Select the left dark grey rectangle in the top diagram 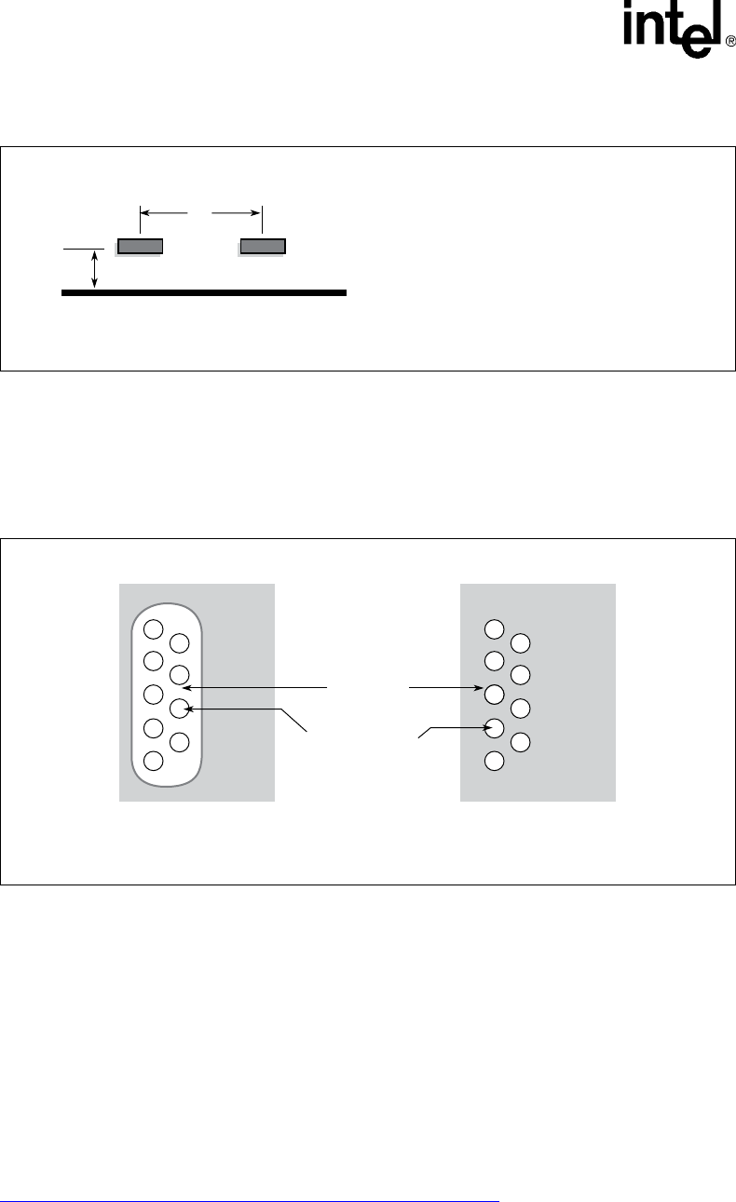(140, 246)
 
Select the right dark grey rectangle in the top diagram (263, 246)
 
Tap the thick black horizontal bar (203, 292)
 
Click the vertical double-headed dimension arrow (93, 270)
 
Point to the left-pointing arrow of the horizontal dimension (163, 213)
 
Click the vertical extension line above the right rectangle (263, 221)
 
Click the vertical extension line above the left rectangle (140, 221)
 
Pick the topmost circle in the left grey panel (156, 628)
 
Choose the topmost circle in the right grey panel (496, 628)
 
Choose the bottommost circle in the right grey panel (496, 761)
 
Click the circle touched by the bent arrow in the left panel (181, 709)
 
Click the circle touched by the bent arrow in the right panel (496, 727)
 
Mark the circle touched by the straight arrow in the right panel (496, 694)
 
